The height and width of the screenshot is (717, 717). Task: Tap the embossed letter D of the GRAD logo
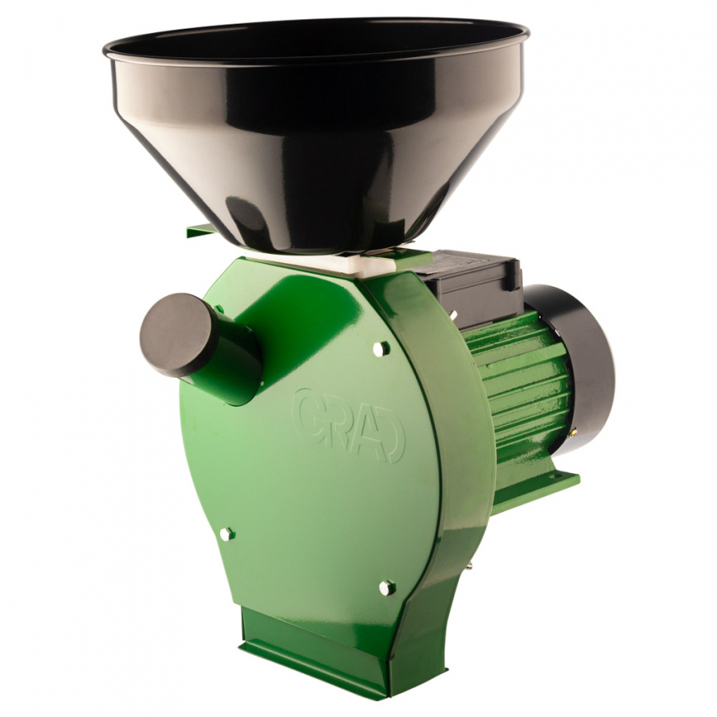(392, 443)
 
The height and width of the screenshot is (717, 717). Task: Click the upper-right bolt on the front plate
(380, 348)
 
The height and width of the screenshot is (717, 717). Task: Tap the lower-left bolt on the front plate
(226, 534)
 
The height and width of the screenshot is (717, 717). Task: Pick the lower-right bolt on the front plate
(386, 588)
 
